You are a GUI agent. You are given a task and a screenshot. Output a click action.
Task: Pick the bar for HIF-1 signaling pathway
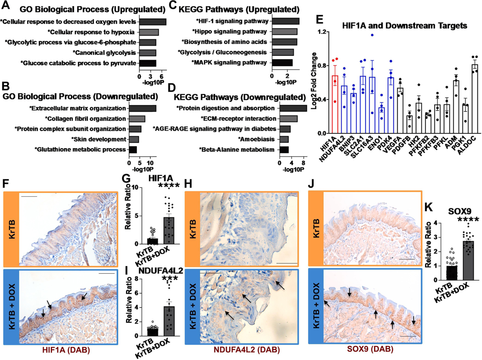click(x=285, y=21)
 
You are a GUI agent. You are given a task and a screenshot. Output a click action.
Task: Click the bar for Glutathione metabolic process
click(x=133, y=150)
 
